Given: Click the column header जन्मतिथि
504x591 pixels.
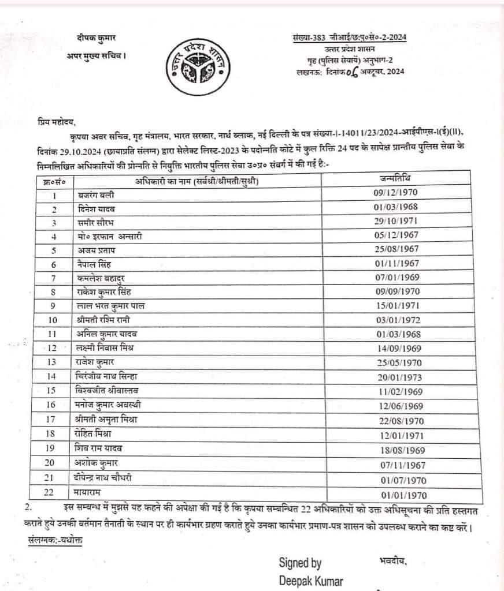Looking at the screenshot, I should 396,177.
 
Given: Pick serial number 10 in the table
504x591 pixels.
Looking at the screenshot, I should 53,320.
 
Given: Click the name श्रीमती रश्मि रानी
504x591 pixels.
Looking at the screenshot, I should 105,320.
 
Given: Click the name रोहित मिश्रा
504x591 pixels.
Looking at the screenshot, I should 97,433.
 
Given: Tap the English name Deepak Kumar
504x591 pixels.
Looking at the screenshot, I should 310,581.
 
